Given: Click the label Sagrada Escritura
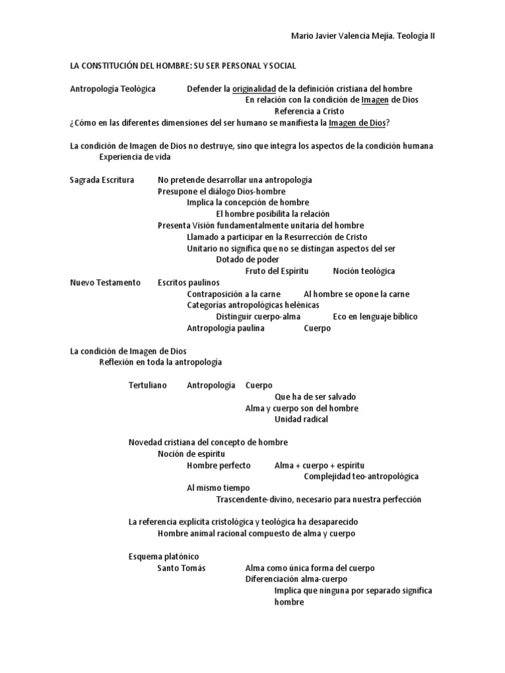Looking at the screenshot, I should click(102, 179).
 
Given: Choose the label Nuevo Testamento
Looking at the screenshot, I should click(105, 283).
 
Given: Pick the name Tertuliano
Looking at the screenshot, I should click(148, 385).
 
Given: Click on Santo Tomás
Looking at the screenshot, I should click(181, 568).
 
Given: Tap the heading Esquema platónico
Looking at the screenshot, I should click(163, 557).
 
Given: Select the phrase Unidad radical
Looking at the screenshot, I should click(301, 419).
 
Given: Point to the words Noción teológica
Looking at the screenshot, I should click(364, 271).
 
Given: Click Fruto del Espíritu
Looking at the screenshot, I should click(277, 271).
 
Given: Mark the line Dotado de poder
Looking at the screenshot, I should click(247, 260).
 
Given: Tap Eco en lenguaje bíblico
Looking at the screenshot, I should click(375, 317).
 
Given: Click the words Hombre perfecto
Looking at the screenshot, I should click(218, 465).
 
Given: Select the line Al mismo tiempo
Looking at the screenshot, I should click(218, 488).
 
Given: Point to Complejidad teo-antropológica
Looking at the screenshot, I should click(361, 476).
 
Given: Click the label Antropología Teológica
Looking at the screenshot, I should click(113, 89).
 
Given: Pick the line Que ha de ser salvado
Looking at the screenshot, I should click(315, 397).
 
